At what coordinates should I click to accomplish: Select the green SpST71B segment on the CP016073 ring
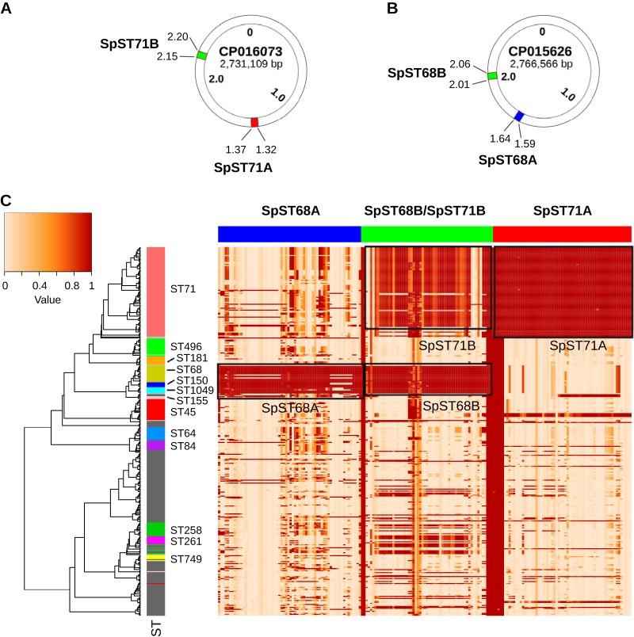coord(201,55)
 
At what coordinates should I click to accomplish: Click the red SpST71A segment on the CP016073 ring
coord(254,121)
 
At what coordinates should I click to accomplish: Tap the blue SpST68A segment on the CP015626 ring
coord(519,116)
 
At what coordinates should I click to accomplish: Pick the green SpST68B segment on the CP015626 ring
coord(492,76)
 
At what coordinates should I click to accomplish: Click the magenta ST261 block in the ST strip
coord(155,540)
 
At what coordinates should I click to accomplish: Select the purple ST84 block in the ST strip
coord(155,446)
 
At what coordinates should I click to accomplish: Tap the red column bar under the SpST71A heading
coord(562,234)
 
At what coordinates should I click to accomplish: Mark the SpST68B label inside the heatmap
coord(449,406)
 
